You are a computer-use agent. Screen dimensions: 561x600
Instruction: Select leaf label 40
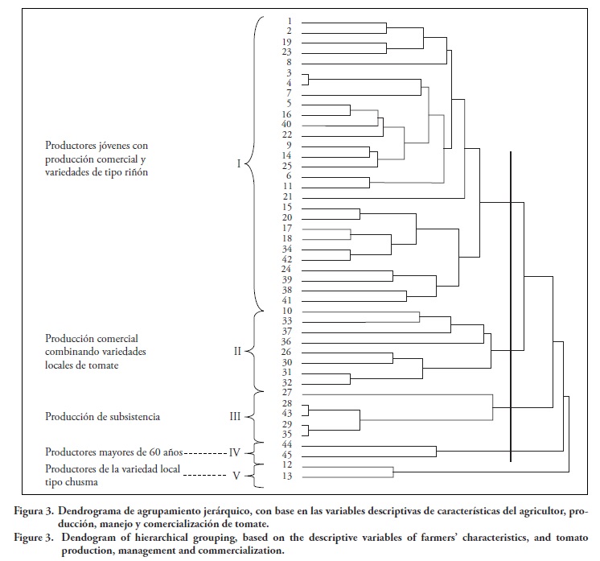pos(287,124)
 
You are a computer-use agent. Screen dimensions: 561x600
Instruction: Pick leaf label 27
pos(287,393)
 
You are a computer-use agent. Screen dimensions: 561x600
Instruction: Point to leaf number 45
pos(287,456)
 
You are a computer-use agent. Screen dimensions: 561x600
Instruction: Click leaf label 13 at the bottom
pos(287,476)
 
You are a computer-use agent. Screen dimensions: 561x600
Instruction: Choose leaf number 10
pos(287,310)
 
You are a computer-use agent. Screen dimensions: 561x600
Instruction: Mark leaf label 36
pos(287,341)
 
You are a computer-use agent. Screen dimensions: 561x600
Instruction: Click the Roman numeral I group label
pos(238,164)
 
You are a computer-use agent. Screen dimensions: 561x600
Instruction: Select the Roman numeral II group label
pos(237,352)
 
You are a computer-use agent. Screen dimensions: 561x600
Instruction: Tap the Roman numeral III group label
pos(236,417)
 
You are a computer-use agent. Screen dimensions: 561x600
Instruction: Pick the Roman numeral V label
pos(236,476)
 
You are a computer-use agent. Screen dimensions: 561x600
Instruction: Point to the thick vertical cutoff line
pos(511,306)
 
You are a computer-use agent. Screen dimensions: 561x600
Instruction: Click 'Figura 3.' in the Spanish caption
pos(38,510)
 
